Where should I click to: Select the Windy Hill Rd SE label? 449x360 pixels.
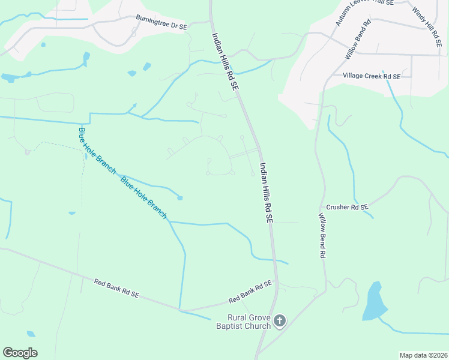pos(427,23)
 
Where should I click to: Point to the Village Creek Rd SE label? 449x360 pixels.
pos(371,76)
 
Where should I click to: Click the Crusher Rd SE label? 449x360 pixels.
pos(347,207)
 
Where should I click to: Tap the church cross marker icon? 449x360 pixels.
pos(279,321)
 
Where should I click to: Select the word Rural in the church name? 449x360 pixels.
pos(237,317)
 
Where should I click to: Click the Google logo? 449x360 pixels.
pos(20,353)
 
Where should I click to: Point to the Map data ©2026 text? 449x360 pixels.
pos(423,355)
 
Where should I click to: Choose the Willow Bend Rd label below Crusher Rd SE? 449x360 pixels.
pos(322,236)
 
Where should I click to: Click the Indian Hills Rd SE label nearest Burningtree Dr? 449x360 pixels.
pos(225,61)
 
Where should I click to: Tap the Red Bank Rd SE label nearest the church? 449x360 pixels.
pos(250,292)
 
